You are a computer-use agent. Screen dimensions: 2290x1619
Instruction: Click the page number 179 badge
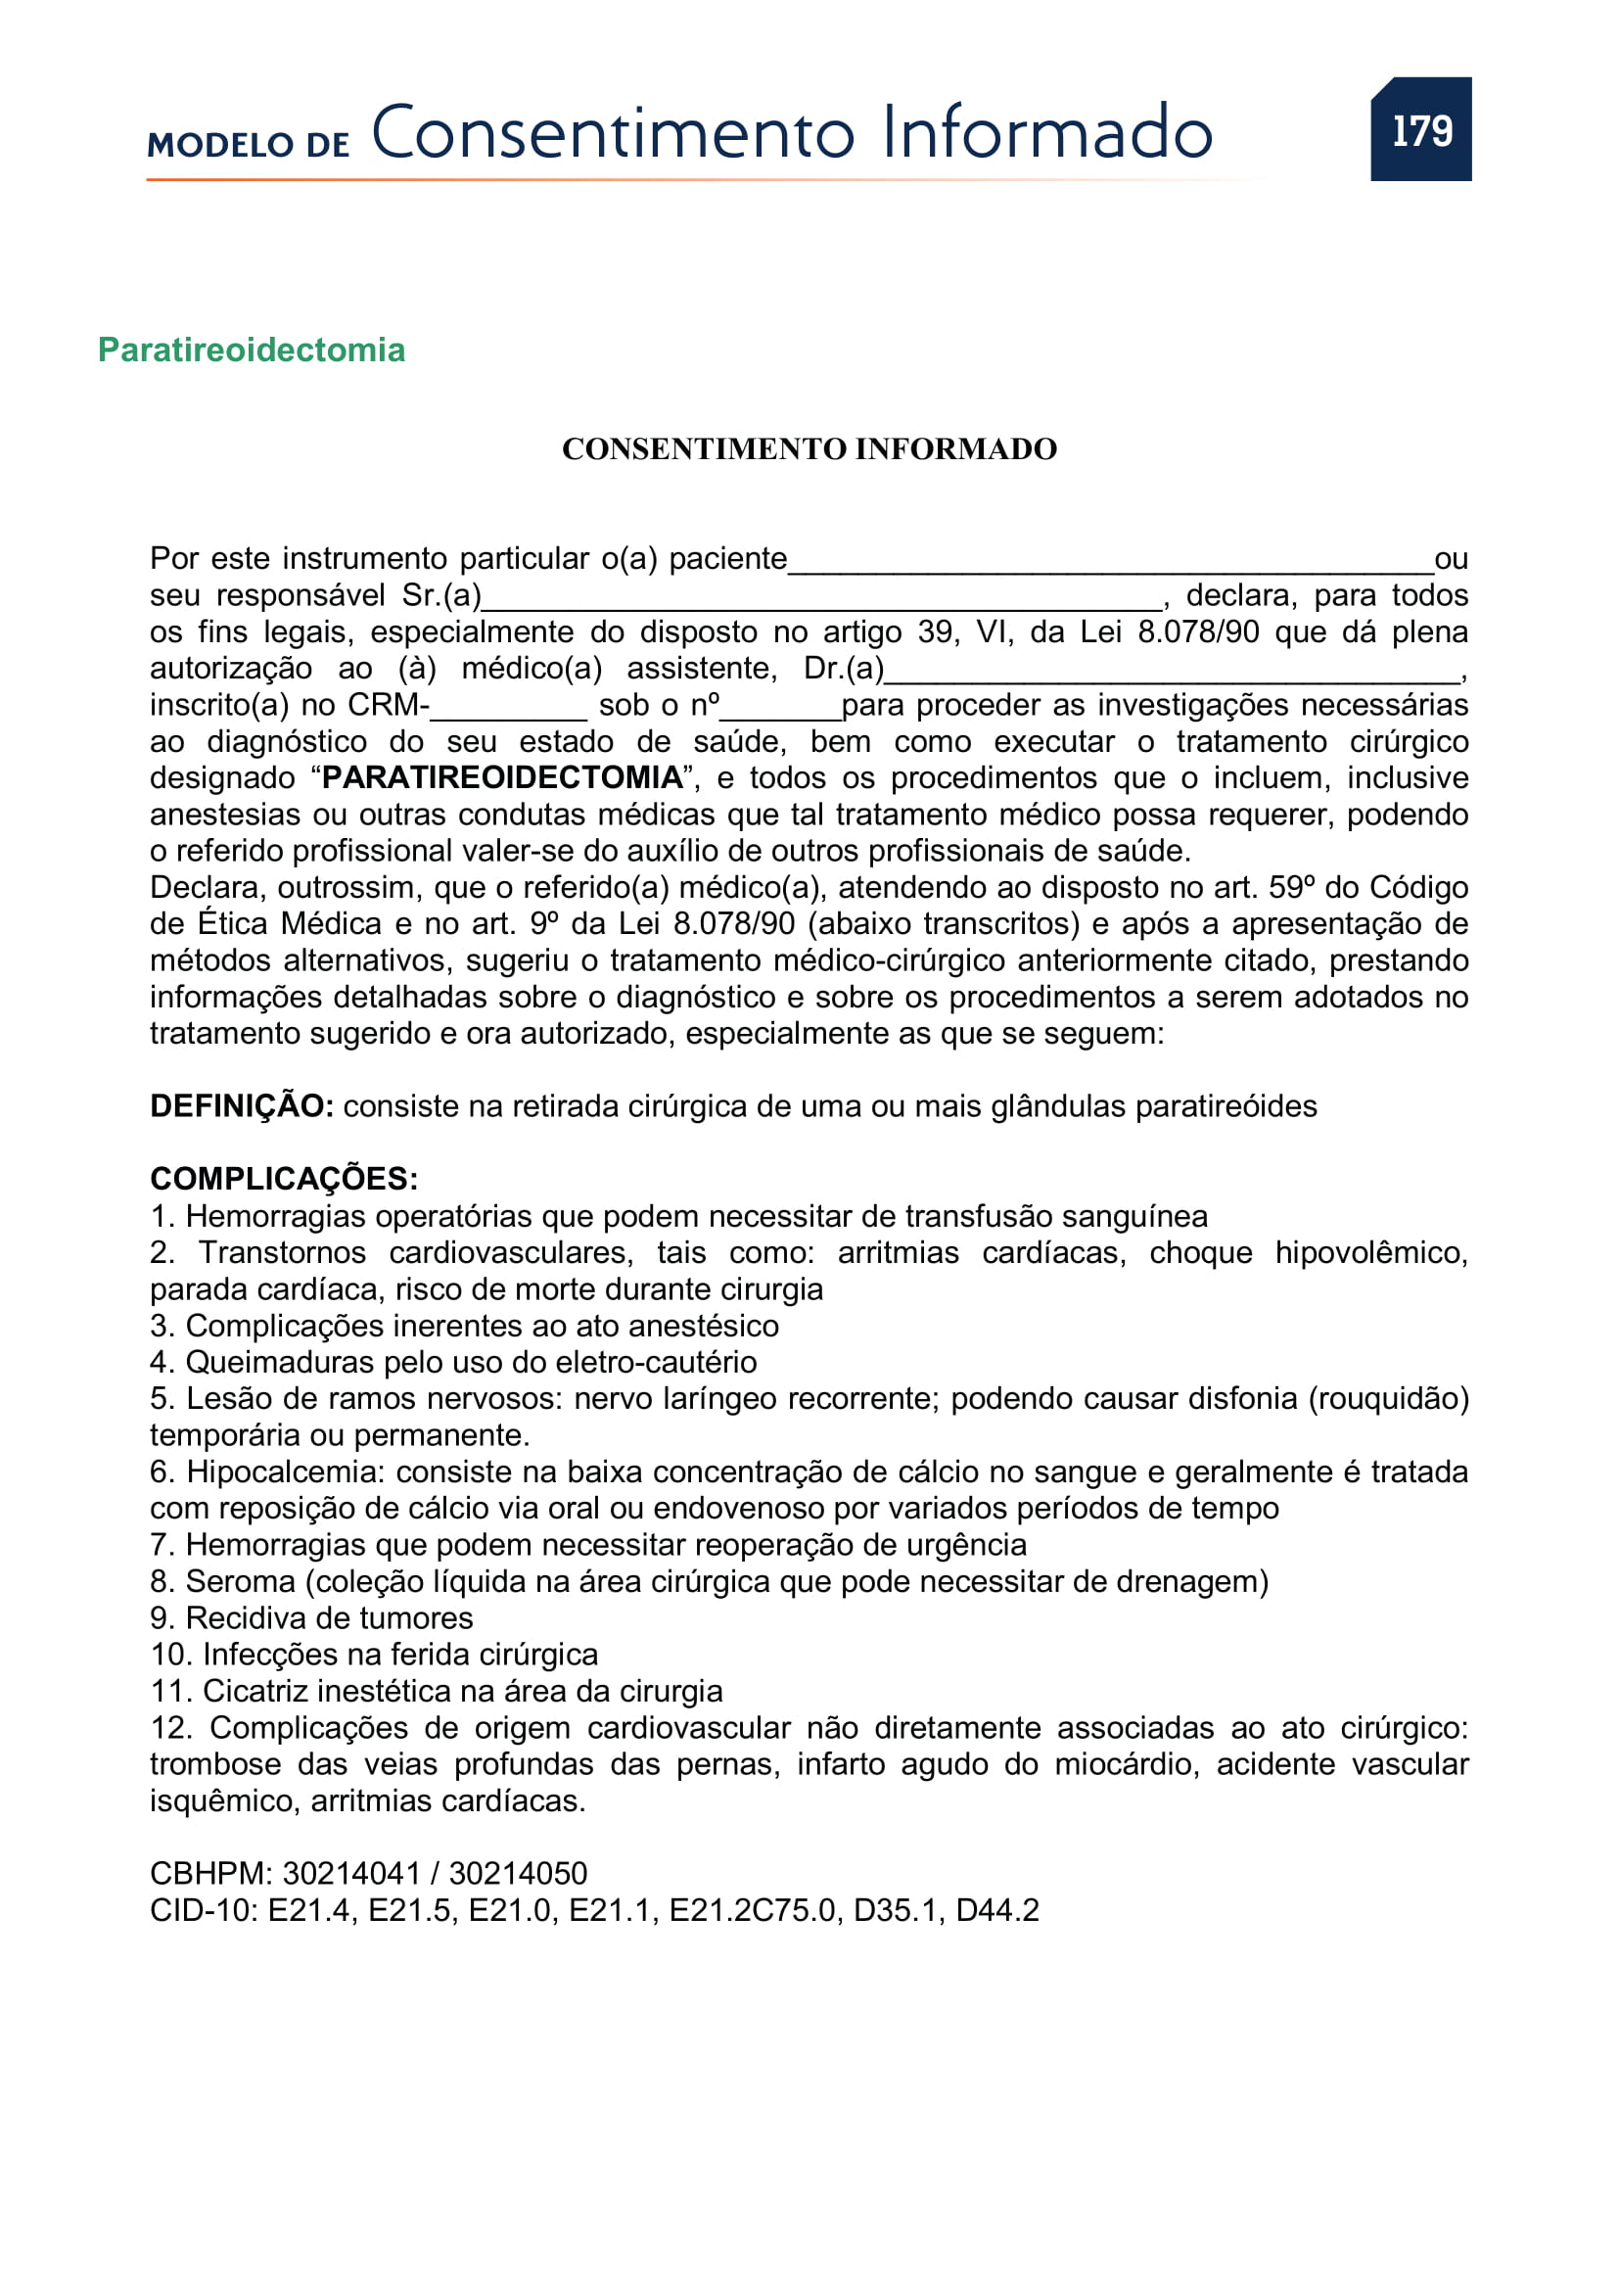[1420, 129]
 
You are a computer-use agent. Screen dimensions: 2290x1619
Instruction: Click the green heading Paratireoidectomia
[252, 351]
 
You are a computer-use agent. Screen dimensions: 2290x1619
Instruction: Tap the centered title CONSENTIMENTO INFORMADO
[809, 448]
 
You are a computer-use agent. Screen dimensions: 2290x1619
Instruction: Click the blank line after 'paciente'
[1110, 565]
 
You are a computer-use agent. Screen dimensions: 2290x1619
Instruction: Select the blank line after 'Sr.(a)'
[821, 601]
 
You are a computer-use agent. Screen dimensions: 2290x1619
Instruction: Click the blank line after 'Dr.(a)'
[1172, 675]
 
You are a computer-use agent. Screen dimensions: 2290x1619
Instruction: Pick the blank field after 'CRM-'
[508, 711]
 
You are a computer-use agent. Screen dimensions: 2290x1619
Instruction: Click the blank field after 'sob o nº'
[780, 711]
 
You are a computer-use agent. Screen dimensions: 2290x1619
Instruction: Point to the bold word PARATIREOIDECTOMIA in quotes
[502, 777]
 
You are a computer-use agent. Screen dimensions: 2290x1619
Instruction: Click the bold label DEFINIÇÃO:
[241, 1106]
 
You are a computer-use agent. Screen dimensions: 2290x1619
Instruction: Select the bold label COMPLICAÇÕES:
[284, 1179]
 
